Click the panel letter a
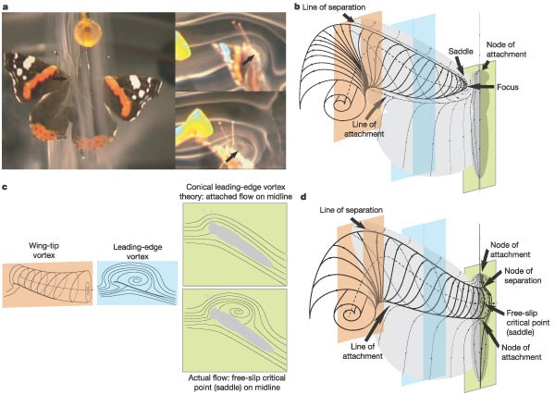[x=6, y=7]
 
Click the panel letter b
[x=296, y=7]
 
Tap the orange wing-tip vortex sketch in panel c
[x=46, y=283]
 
